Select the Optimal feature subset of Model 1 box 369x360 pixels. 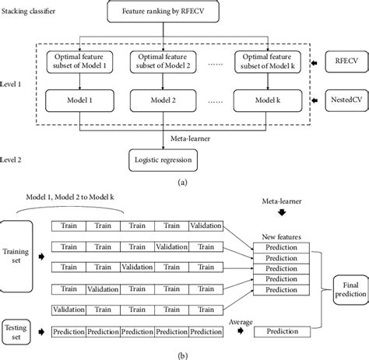click(x=79, y=62)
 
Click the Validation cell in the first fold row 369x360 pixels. click(x=205, y=226)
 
